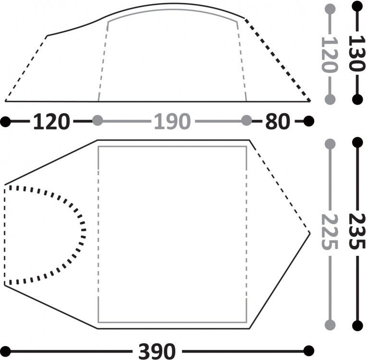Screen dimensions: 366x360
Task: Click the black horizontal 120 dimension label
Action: point(51,121)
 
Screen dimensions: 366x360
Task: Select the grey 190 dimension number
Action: point(172,121)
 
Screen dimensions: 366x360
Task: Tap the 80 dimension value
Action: point(278,121)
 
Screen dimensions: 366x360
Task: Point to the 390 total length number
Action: point(157,351)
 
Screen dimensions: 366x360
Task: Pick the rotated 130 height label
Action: point(356,53)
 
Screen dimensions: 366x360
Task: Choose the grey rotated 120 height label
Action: point(329,55)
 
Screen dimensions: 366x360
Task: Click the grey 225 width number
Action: point(329,232)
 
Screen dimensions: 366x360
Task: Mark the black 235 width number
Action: point(357,231)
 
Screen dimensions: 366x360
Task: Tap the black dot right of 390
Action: point(309,351)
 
